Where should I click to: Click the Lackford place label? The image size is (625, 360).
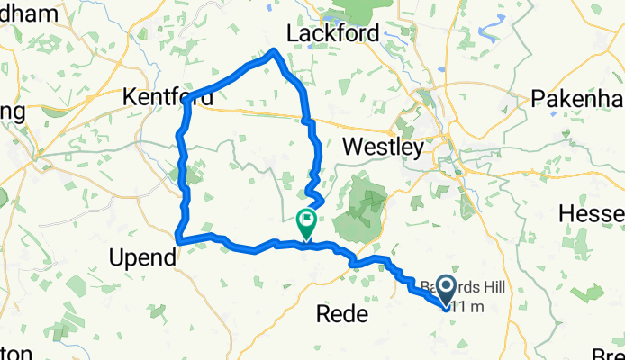pos(331,33)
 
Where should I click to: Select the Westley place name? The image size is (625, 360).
pos(384,147)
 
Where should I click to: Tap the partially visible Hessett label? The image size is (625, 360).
pos(592,213)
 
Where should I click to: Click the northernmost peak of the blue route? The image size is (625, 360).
pos(274,50)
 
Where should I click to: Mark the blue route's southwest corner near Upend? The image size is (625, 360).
pos(179,240)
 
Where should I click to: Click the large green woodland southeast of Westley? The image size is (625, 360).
pos(360,202)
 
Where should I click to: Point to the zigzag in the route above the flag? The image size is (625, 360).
pos(312,190)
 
